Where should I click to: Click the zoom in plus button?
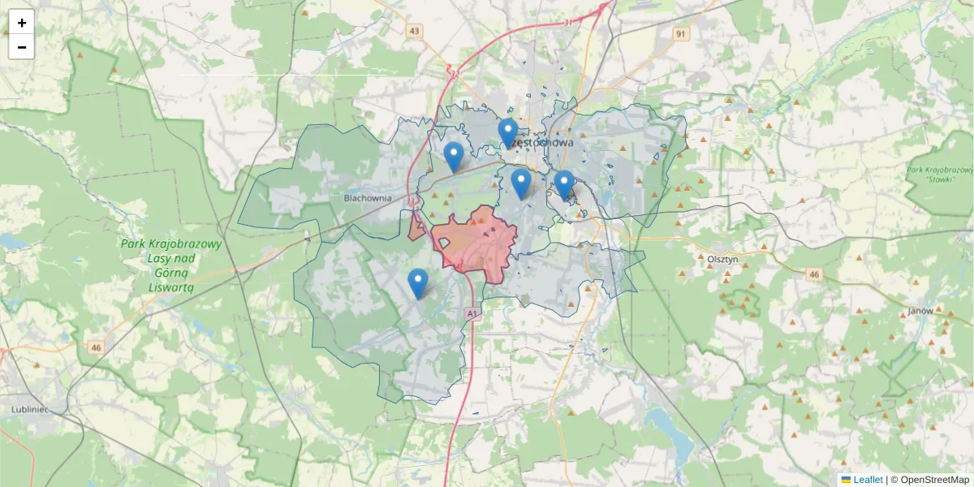(22, 23)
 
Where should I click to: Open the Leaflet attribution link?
(868, 480)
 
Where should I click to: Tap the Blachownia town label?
(368, 197)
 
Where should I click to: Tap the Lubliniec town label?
(31, 409)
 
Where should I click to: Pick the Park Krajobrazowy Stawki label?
(941, 175)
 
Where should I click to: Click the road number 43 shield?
(416, 31)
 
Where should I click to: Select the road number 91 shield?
(681, 33)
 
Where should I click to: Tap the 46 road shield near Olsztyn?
(814, 275)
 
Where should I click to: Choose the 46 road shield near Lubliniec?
(97, 347)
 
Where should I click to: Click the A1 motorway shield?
(472, 312)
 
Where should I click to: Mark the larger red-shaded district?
(479, 242)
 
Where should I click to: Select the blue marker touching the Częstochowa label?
(508, 132)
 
